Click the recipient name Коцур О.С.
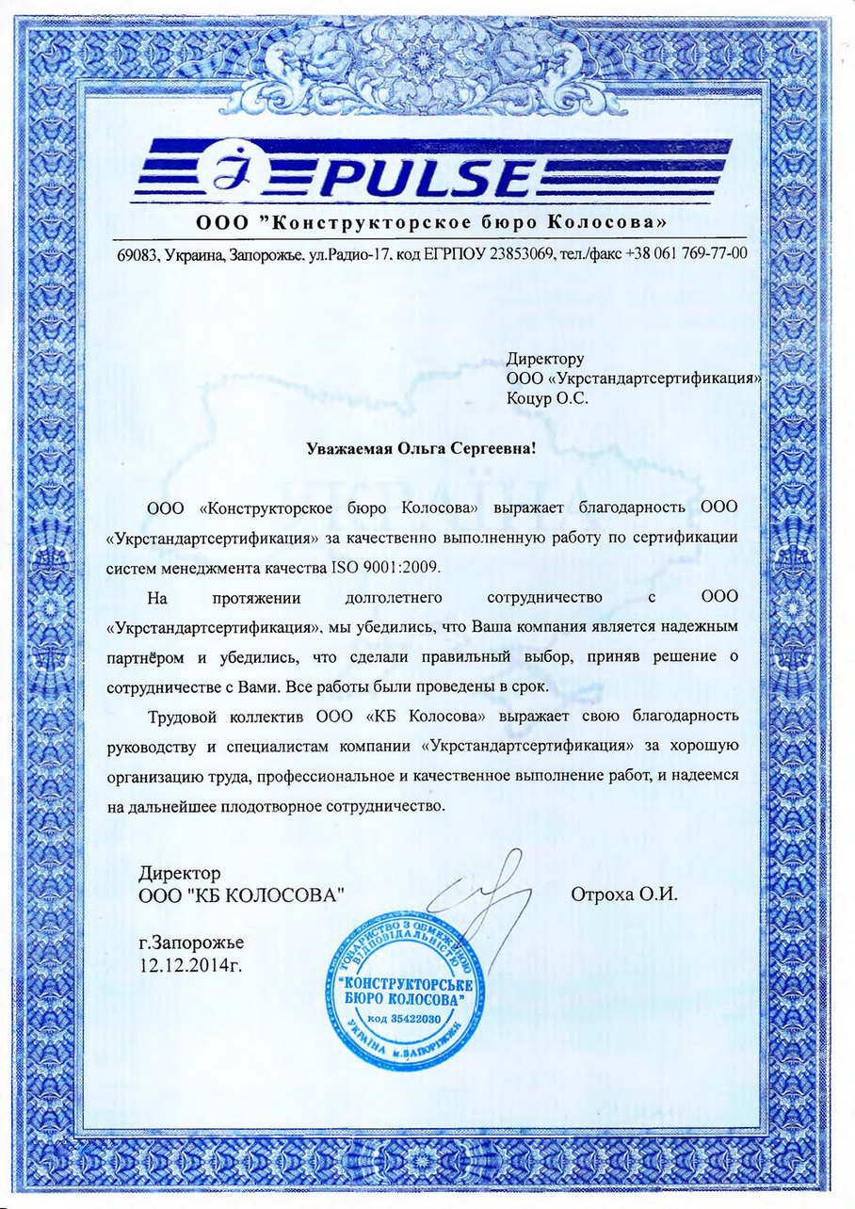pyautogui.click(x=546, y=398)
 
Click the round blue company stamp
pyautogui.click(x=403, y=1001)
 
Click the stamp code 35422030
pyautogui.click(x=412, y=1019)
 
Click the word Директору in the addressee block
pyautogui.click(x=545, y=359)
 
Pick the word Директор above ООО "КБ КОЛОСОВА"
pyautogui.click(x=180, y=873)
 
